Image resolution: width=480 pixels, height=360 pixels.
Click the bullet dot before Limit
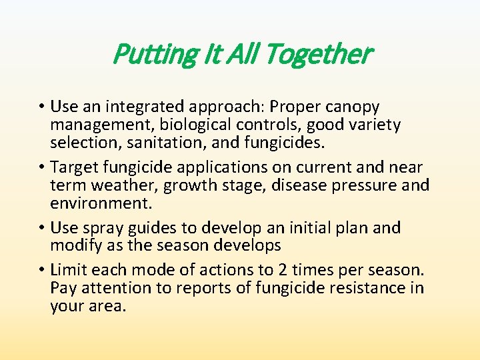click(42, 271)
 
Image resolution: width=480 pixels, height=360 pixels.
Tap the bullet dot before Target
click(42, 167)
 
